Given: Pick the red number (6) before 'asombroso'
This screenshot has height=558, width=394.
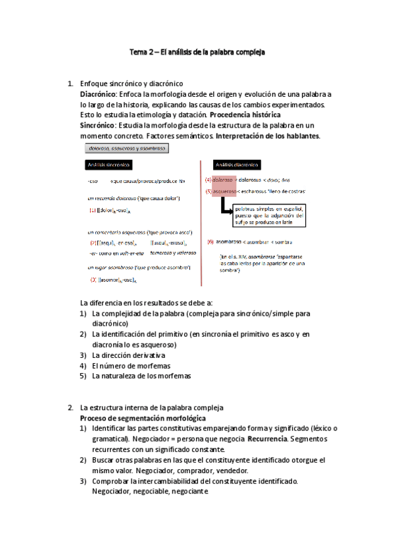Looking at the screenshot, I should click(210, 242).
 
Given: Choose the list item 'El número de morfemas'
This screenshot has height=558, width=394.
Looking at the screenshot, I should click(124, 365).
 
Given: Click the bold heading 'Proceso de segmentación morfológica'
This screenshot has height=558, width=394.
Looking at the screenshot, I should click(143, 418).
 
